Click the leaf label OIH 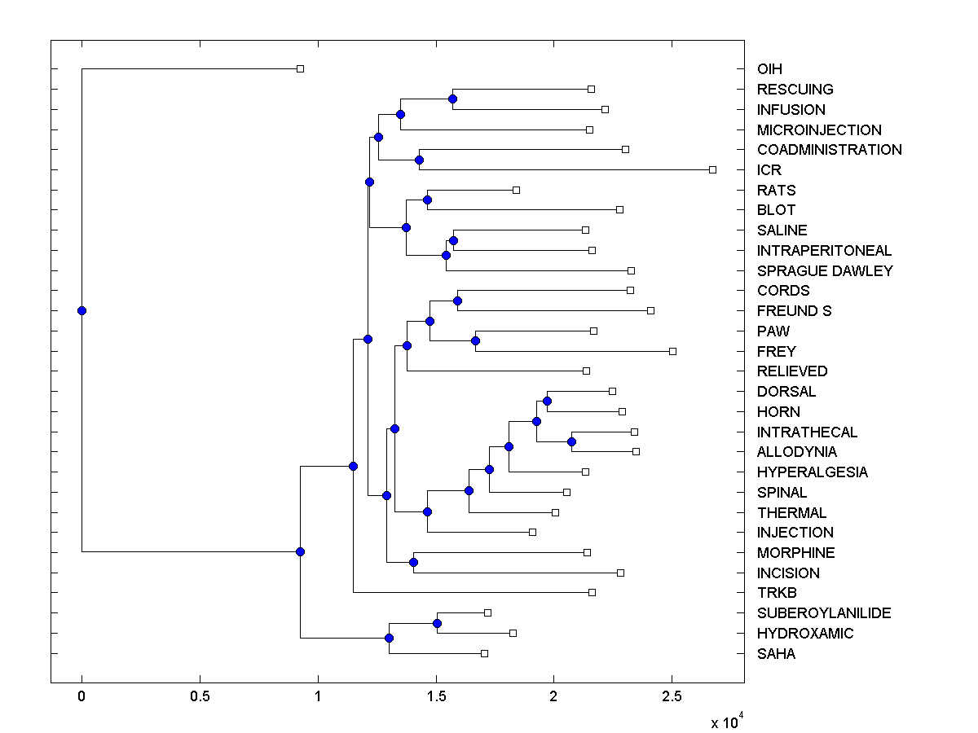tap(769, 69)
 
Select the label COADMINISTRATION tap(829, 150)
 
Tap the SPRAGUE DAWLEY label tap(825, 271)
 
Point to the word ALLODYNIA tap(796, 452)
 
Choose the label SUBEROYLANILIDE tap(824, 613)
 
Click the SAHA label tap(776, 654)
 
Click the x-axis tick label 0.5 tap(200, 696)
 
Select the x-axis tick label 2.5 tap(672, 696)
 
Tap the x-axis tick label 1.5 tap(436, 696)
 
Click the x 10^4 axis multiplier tap(726, 721)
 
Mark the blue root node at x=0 tap(81, 310)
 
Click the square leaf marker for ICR tap(712, 169)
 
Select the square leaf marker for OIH tap(300, 68)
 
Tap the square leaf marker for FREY tap(672, 351)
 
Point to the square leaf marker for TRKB tap(592, 592)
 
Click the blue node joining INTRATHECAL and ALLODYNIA tap(571, 441)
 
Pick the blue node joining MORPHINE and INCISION tap(413, 562)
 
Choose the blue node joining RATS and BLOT tap(427, 200)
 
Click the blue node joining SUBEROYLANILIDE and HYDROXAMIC tap(437, 623)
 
